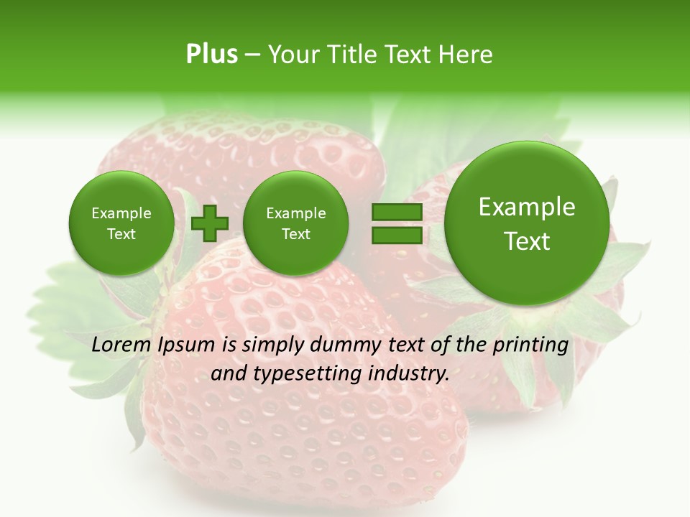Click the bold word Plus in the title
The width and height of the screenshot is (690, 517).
[x=211, y=55]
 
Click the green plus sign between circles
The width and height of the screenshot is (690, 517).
[x=210, y=223]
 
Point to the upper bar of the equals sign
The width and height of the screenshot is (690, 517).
[x=396, y=213]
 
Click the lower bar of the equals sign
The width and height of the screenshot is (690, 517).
[x=396, y=235]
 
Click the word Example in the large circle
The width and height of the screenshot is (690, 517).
[x=527, y=207]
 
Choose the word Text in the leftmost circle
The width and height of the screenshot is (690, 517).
[x=121, y=234]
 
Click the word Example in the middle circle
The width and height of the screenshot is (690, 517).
[x=295, y=213]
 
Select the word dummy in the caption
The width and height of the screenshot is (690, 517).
[x=345, y=345]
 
